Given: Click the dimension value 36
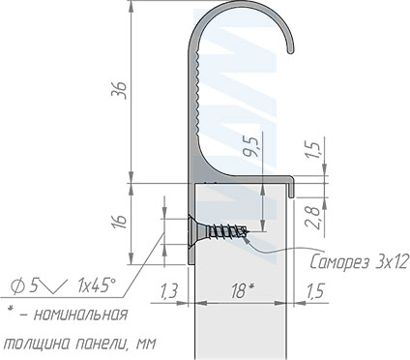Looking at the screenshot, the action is click(x=118, y=90).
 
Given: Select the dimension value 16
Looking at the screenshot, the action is click(x=120, y=222).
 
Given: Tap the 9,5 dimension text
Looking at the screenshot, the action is click(x=251, y=146).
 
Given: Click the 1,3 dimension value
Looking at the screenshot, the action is click(x=168, y=291).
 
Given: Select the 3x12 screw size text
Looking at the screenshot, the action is click(x=392, y=261).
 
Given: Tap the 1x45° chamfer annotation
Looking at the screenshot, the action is click(x=96, y=285).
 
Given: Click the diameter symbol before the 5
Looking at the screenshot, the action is click(x=18, y=285).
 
